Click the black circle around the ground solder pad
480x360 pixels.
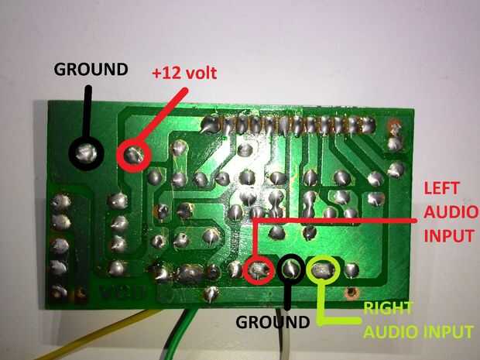[x=87, y=152]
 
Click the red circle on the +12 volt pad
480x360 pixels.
[x=134, y=154]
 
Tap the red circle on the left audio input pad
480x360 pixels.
[x=258, y=270]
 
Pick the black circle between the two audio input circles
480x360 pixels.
[x=290, y=269]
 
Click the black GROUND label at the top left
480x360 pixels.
[x=90, y=69]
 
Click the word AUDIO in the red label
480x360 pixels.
[x=444, y=213]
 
